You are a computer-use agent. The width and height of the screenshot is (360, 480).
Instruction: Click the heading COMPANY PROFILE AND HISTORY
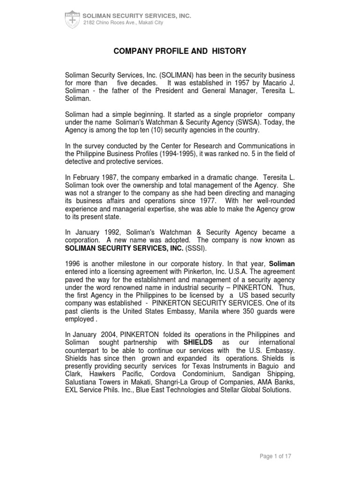pyautogui.click(x=180, y=51)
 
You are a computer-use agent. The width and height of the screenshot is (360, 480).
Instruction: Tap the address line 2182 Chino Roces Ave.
pyautogui.click(x=123, y=22)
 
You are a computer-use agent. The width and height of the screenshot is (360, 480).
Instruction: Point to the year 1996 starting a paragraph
pyautogui.click(x=73, y=264)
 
